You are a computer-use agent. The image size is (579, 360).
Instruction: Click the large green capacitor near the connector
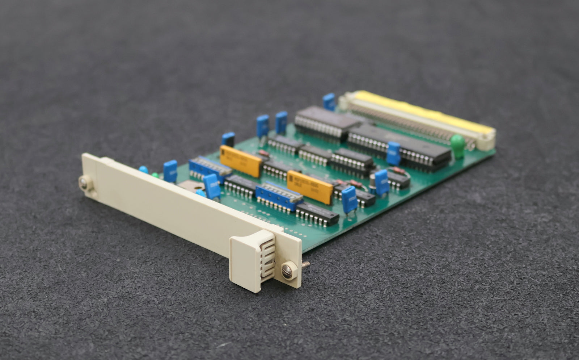click(458, 146)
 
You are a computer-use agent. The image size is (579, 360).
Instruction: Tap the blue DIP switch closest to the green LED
click(209, 168)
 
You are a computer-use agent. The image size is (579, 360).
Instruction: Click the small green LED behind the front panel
click(155, 175)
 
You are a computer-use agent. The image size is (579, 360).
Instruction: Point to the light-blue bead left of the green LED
click(143, 169)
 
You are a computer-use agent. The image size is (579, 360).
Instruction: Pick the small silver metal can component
click(372, 180)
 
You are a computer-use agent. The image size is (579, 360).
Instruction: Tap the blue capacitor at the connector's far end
click(329, 101)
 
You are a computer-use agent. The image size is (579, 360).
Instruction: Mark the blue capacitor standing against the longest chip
click(393, 153)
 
